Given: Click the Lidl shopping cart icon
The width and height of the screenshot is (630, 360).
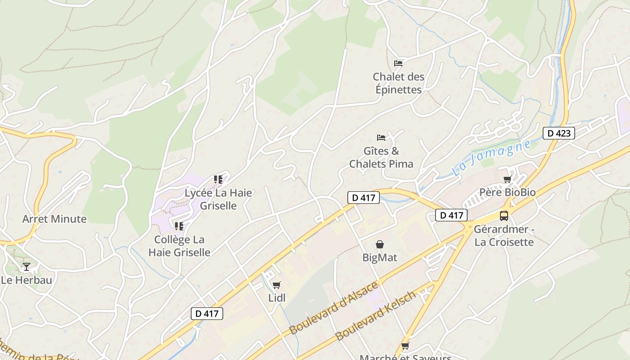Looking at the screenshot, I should coord(276,285).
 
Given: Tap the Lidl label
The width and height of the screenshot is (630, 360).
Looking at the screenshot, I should coord(277,297).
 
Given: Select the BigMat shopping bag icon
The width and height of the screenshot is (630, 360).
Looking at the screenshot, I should coord(380,244).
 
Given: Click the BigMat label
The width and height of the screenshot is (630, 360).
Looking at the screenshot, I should coord(380,257).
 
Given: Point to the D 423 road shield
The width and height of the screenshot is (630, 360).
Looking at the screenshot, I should coord(559,133).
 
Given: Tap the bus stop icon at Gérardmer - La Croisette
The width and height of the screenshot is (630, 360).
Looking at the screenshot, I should coord(504,216).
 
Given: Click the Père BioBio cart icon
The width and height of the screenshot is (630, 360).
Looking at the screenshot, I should coord(507,180).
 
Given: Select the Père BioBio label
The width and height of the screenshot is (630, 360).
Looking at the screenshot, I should coord(507,192).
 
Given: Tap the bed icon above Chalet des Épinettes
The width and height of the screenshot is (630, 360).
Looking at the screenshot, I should coord(398,63).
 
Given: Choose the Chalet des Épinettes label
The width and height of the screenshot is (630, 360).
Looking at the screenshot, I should coord(399,83).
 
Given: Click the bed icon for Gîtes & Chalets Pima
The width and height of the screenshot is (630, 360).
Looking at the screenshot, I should coord(381,137).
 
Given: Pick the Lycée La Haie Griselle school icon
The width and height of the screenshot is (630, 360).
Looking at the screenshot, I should coord(218,180).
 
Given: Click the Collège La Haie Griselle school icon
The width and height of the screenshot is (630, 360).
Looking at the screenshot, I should coord(179,226).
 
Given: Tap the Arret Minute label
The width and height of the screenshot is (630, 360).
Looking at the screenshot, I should coord(54,219).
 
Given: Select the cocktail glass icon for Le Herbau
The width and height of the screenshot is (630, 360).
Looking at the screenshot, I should coord(27,267).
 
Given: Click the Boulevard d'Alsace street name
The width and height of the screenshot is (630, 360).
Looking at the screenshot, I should coord(333,309).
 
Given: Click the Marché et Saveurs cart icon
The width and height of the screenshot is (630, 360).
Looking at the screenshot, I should coord(405,346).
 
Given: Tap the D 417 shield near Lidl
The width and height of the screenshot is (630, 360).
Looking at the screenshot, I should coord(207,314).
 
